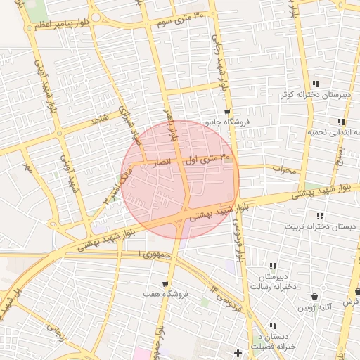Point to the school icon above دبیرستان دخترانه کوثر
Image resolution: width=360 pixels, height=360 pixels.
pos(316,84)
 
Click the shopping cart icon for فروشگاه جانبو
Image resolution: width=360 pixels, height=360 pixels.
pos(226,112)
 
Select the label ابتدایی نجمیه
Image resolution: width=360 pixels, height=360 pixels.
pos(335,131)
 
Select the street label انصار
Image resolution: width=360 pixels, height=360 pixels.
pos(162,162)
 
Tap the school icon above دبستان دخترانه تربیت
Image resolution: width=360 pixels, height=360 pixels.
pos(321,216)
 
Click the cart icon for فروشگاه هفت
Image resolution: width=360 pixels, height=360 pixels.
pos(165,283)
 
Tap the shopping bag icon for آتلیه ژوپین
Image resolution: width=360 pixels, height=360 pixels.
pos(314,296)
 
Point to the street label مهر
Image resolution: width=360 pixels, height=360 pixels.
pos(27,169)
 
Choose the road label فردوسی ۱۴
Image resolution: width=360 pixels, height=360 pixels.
pos(225,299)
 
